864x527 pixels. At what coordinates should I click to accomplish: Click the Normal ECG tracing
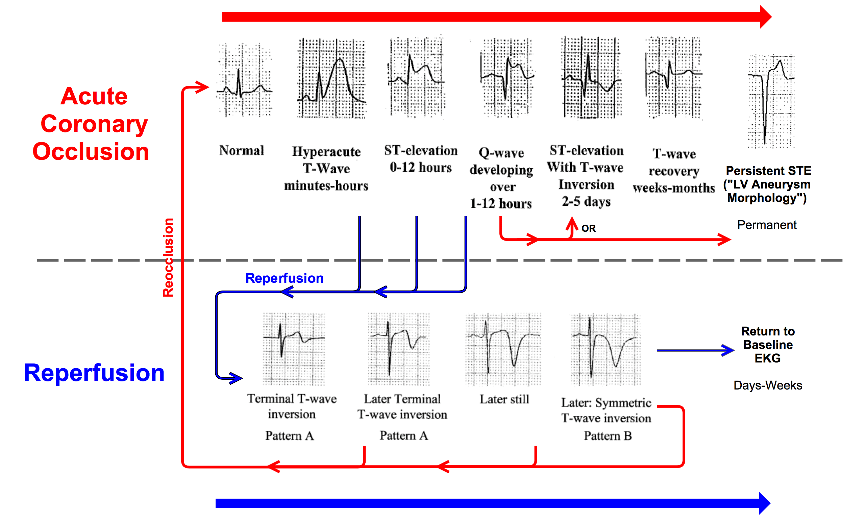pos(244,80)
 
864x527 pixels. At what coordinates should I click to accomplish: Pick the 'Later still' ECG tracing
pos(503,349)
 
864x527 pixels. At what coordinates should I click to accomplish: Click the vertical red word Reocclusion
pos(168,258)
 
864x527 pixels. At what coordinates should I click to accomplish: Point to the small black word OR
pos(588,229)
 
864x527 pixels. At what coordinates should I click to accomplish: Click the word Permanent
pos(767,225)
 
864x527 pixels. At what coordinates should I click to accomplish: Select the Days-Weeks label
pos(768,386)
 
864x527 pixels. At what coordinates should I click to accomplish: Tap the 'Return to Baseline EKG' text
pos(768,345)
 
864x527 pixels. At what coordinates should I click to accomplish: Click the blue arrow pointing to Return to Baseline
pos(695,350)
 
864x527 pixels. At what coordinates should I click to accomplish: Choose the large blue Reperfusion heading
pos(94,373)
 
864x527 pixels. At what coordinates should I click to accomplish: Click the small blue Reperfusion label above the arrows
pos(285,278)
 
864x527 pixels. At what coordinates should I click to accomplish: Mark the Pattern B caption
pos(608,436)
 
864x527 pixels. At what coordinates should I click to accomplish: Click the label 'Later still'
pos(504,399)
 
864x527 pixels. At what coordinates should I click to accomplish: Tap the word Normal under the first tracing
pos(242,151)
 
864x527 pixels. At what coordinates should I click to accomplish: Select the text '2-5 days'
pos(586,202)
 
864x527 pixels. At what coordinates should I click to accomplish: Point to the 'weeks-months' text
pos(674,188)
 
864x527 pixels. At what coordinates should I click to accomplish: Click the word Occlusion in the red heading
pos(91,151)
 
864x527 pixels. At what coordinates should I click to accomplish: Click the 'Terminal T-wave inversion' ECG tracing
pos(294,349)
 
